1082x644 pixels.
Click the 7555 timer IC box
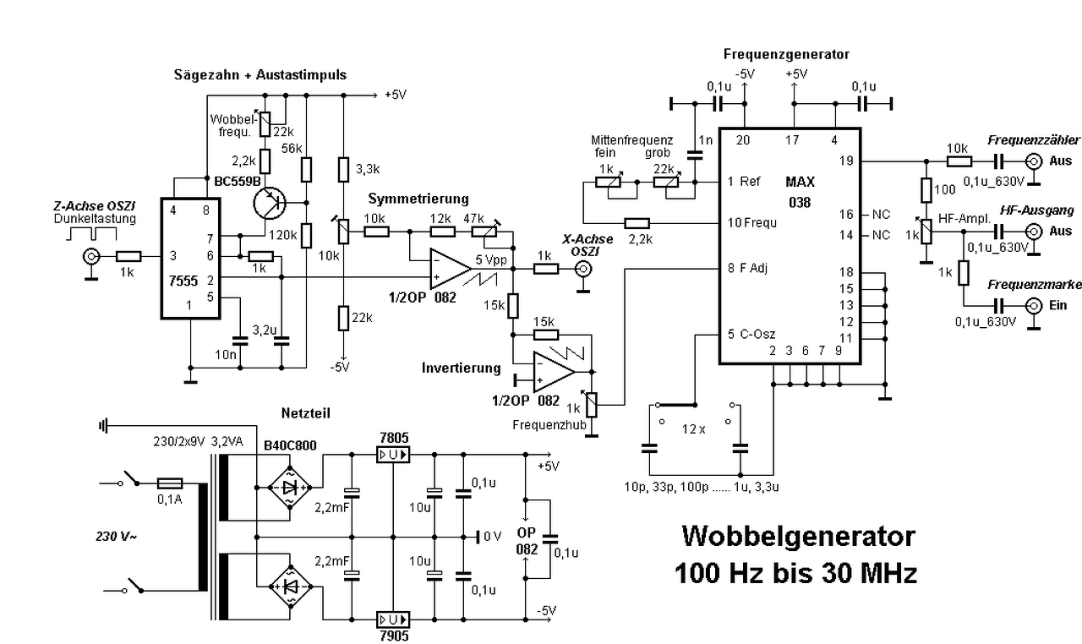click(190, 258)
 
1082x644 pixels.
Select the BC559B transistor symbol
click(270, 203)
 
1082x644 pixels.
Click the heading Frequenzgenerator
click(786, 54)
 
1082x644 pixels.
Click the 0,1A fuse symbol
click(172, 483)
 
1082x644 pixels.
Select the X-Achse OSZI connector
click(582, 270)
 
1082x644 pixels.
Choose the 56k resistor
click(306, 169)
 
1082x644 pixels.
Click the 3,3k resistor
click(343, 169)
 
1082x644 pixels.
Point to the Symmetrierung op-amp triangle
click(448, 268)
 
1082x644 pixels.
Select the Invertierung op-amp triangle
click(554, 370)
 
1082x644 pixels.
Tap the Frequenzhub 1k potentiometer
click(592, 404)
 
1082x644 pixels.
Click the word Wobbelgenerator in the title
click(797, 536)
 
